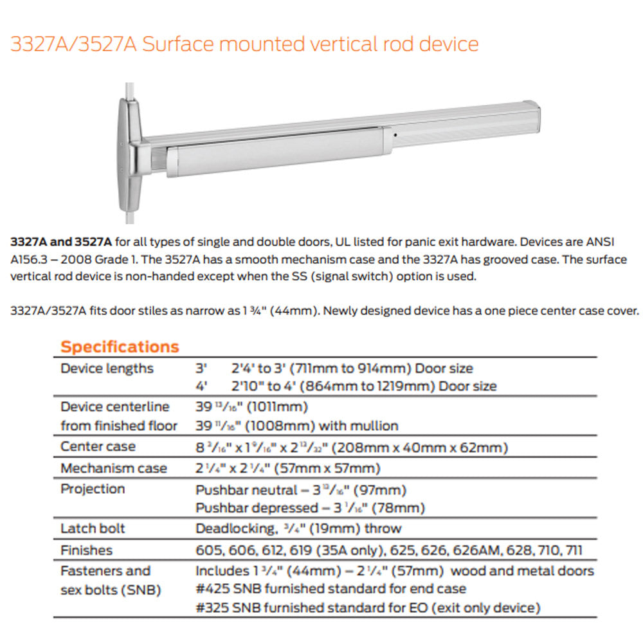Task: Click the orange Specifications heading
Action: click(x=120, y=347)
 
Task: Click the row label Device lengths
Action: click(x=107, y=368)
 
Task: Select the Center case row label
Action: click(x=98, y=446)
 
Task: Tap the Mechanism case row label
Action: click(x=114, y=468)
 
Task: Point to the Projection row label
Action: click(x=93, y=489)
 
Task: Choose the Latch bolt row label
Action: click(x=93, y=529)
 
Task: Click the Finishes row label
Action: click(x=86, y=550)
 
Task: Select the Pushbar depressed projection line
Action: click(x=310, y=508)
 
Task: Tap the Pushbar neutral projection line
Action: click(x=301, y=490)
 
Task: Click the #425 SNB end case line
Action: click(x=331, y=588)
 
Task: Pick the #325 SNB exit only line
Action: click(x=367, y=608)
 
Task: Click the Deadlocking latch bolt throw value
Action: click(x=298, y=529)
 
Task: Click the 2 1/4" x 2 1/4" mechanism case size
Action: click(x=287, y=468)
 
